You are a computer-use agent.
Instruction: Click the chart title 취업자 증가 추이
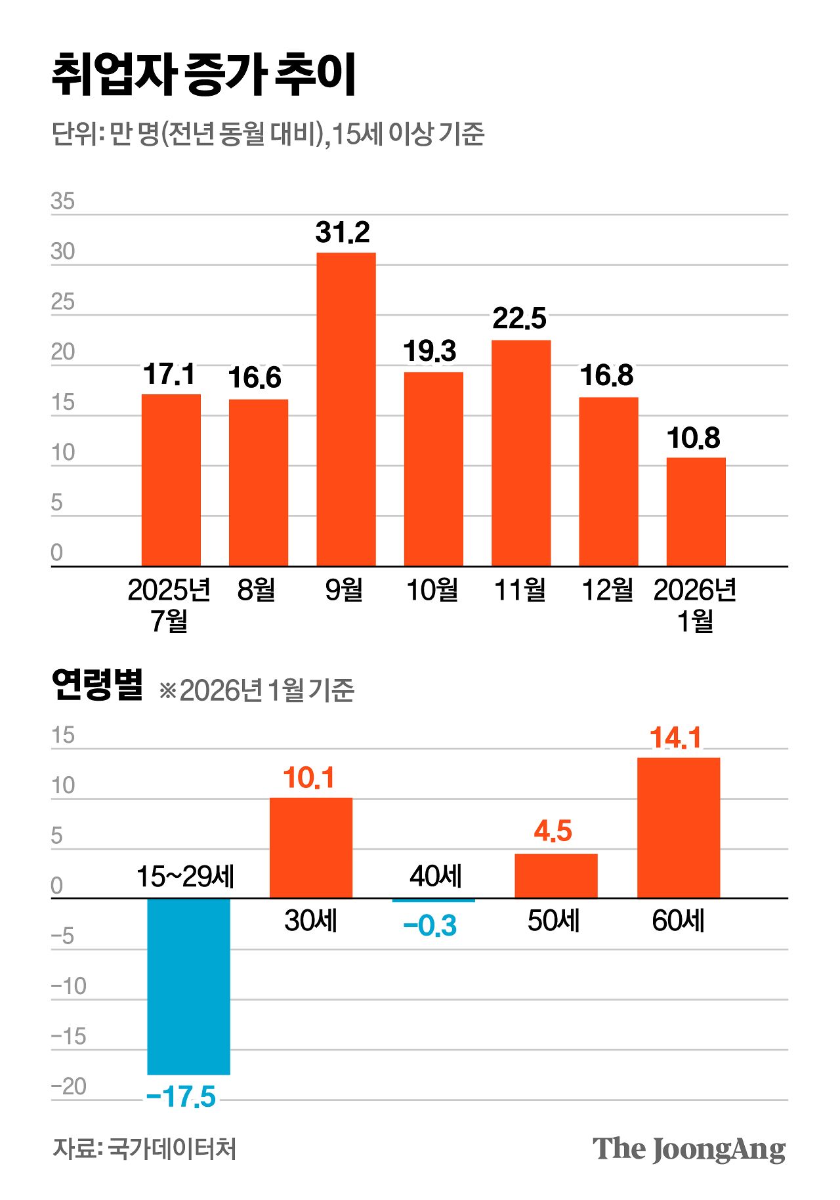(x=203, y=74)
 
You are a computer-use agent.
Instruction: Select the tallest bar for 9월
(x=346, y=409)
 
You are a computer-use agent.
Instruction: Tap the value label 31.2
(x=342, y=232)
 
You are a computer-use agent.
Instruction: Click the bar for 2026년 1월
(x=696, y=512)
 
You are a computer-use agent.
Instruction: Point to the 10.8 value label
(x=693, y=438)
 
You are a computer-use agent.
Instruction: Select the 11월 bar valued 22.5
(x=520, y=453)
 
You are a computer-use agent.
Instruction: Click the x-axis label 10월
(x=432, y=590)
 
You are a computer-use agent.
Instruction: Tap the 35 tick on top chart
(x=63, y=201)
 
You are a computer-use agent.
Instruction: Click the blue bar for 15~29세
(x=188, y=986)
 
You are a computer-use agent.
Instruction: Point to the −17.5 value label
(x=181, y=1097)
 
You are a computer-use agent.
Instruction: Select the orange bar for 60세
(x=678, y=828)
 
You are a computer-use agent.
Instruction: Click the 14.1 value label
(x=675, y=738)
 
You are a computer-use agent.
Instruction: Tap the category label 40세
(x=435, y=877)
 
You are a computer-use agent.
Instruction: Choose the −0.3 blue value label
(x=430, y=926)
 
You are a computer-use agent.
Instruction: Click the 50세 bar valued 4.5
(x=555, y=876)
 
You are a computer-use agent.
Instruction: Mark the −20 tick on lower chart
(x=68, y=1086)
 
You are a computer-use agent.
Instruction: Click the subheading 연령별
(x=97, y=686)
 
